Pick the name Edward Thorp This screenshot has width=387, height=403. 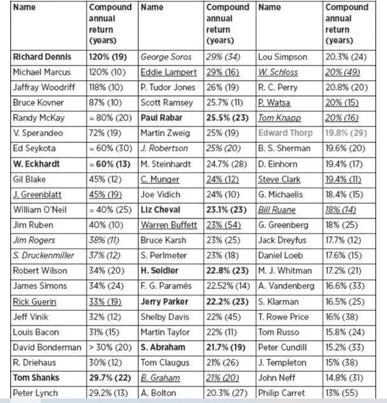286,133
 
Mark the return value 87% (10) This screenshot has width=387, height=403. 105,102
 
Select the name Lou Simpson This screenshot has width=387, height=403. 283,57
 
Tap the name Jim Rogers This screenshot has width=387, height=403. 37,240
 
